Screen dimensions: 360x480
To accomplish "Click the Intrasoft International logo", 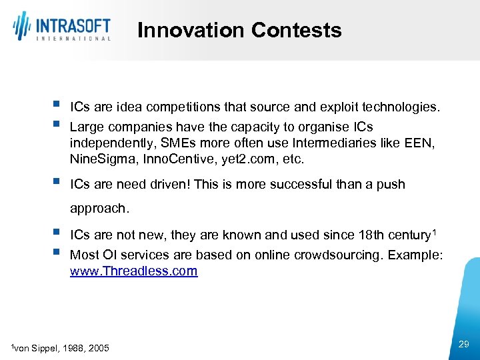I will pyautogui.click(x=61, y=27).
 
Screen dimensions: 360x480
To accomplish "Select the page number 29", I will pyautogui.click(x=464, y=344).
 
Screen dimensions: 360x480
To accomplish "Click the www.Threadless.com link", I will pyautogui.click(x=133, y=271).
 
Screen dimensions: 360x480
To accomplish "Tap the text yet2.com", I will pyautogui.click(x=235, y=159).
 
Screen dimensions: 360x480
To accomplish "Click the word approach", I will pyautogui.click(x=99, y=208).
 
